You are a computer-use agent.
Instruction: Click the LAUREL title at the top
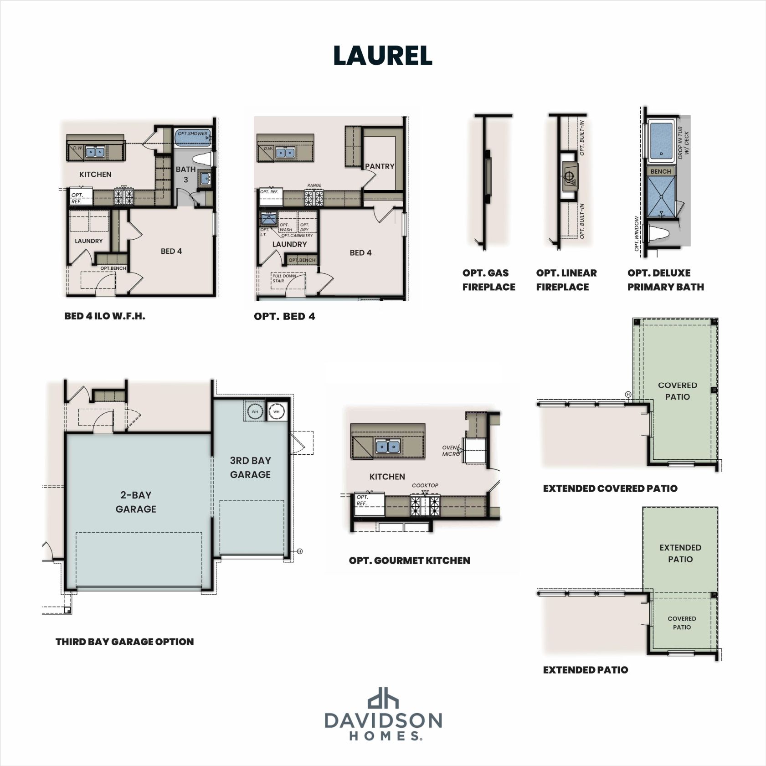coord(382,56)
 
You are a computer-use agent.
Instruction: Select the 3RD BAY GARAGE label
coord(250,468)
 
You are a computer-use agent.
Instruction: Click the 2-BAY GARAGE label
coord(136,502)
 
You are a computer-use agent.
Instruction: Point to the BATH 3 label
coord(185,174)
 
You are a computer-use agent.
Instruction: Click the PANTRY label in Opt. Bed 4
coord(380,166)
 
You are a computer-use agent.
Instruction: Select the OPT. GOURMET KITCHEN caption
coord(409,560)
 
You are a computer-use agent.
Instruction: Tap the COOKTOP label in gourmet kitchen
coord(425,485)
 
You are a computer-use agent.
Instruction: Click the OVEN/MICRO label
coord(451,450)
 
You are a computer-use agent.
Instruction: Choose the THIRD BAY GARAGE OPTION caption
coord(124,642)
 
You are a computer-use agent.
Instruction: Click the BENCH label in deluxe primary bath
coord(660,171)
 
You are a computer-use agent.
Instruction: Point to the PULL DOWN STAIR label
coord(284,278)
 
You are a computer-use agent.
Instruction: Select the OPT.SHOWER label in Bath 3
coord(192,134)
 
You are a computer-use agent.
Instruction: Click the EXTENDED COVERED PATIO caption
coord(610,488)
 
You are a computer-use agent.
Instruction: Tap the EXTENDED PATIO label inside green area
coord(680,553)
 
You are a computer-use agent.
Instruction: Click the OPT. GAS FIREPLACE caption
coord(488,280)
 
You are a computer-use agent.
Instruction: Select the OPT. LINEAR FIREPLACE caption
coord(566,280)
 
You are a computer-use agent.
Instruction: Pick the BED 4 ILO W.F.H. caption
coord(104,316)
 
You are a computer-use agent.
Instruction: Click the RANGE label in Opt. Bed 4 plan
coord(314,185)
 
